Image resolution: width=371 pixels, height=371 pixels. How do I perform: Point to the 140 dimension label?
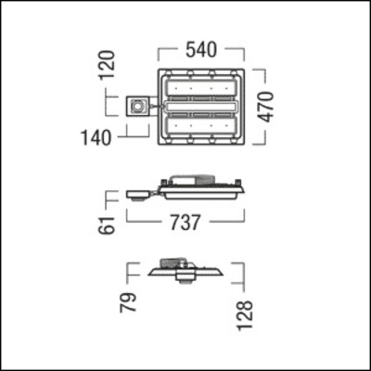[x=95, y=138]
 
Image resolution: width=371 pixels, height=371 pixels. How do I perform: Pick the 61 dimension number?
[x=110, y=224]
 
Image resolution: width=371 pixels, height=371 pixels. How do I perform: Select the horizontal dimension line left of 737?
[x=144, y=224]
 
